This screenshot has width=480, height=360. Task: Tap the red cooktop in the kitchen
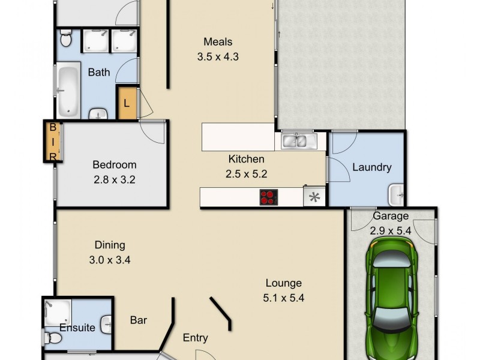click(x=269, y=197)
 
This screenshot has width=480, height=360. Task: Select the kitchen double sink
click(x=295, y=142)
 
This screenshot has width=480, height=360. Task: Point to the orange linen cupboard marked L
click(x=127, y=103)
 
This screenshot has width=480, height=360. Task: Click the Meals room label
click(x=218, y=42)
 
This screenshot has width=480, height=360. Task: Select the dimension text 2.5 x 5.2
click(x=247, y=174)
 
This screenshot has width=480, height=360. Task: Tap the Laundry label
click(x=372, y=167)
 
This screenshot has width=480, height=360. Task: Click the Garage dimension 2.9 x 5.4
click(x=391, y=230)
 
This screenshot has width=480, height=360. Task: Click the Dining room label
click(x=110, y=245)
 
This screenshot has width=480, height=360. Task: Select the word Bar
click(x=139, y=320)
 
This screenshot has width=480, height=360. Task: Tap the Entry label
click(x=196, y=338)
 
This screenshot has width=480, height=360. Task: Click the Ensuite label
click(x=77, y=328)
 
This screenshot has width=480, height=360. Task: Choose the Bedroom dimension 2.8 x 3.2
click(x=114, y=179)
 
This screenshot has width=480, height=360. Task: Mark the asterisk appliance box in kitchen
click(x=313, y=197)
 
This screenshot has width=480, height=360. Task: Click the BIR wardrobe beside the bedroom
click(x=53, y=142)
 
